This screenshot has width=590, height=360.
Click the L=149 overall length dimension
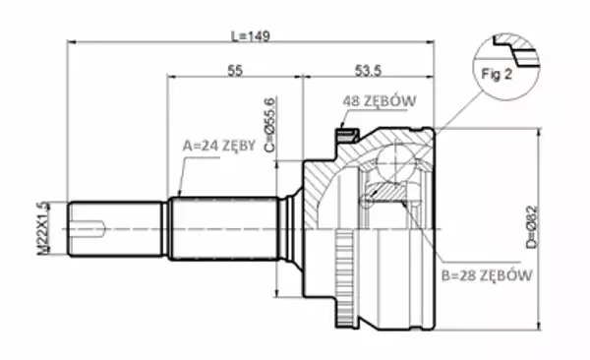[x=250, y=36]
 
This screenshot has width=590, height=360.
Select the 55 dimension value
[x=235, y=71]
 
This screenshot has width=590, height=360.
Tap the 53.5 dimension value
[x=368, y=71]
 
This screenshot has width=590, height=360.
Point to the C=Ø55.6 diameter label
[x=269, y=125]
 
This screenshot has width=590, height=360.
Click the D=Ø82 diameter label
[x=532, y=227]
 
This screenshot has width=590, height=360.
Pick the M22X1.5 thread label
[x=43, y=228]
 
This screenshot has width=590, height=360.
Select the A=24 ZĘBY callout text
[x=219, y=146]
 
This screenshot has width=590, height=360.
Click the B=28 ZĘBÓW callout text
[x=487, y=275]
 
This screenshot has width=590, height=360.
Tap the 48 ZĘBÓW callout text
[x=380, y=101]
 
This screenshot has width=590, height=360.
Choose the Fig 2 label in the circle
[x=497, y=74]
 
